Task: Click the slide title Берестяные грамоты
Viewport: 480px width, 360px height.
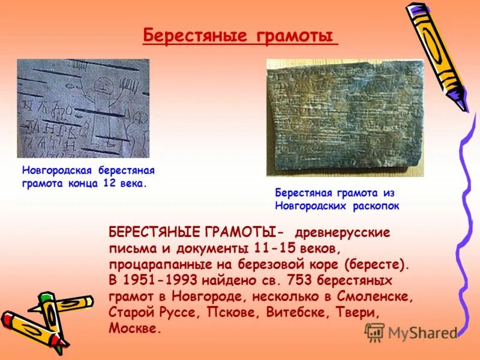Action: [x=239, y=36]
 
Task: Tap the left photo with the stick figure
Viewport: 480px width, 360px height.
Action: [x=83, y=108]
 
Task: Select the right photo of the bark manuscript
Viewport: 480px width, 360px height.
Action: [x=345, y=118]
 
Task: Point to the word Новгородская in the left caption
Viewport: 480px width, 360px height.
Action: [x=56, y=171]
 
